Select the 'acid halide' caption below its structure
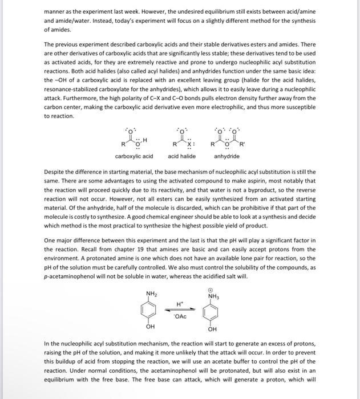(182, 156)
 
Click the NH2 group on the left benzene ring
(151, 294)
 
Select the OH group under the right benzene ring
(213, 329)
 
